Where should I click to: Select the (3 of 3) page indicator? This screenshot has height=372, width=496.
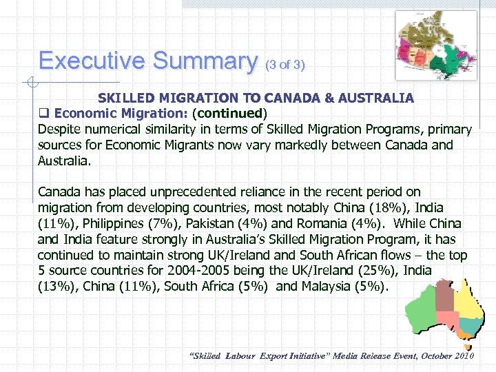[285, 65]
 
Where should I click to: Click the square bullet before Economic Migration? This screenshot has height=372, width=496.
[44, 112]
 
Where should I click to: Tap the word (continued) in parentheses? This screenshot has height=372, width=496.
[230, 112]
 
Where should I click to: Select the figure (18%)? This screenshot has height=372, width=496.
[380, 207]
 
